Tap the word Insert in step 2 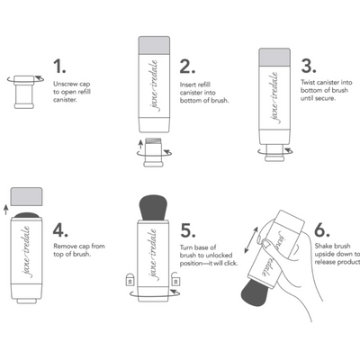[189, 84]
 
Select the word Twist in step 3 [310, 84]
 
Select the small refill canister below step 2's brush [153, 149]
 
